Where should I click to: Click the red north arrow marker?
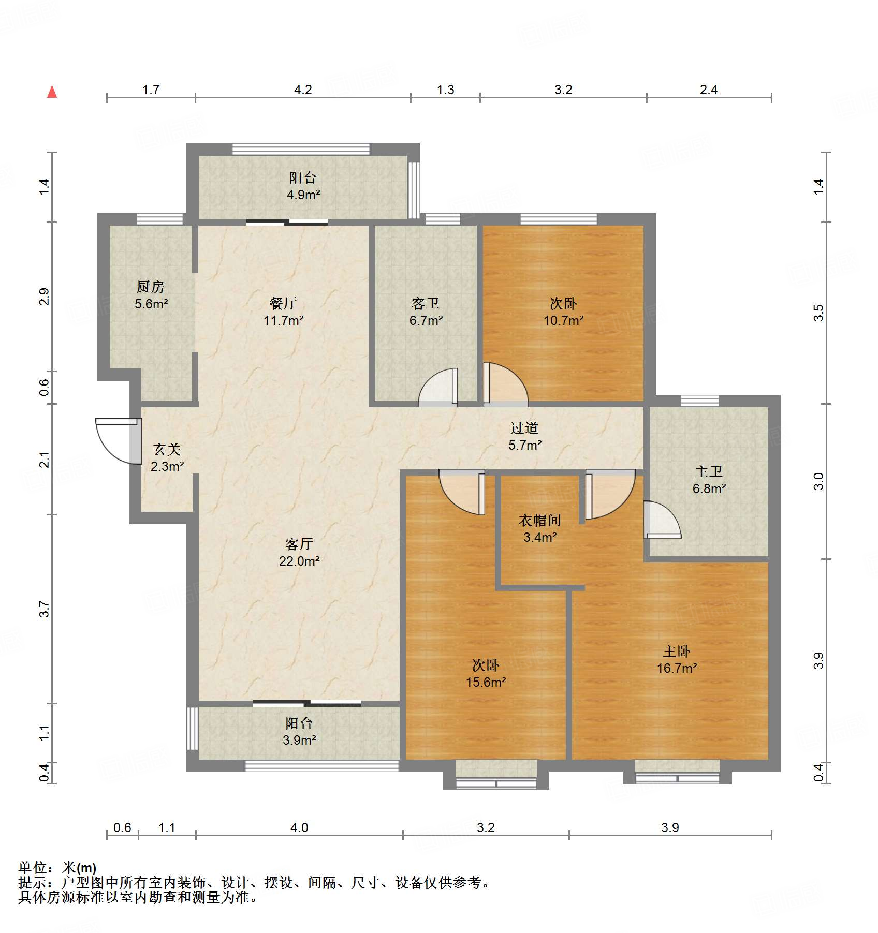(x=52, y=92)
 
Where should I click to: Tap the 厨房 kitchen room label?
(x=151, y=295)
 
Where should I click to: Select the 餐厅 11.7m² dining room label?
(x=283, y=312)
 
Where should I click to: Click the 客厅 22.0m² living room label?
(x=299, y=552)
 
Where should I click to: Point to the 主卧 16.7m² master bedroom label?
(x=677, y=659)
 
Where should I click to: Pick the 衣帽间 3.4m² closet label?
(x=540, y=528)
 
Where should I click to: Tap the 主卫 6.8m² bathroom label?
(x=709, y=480)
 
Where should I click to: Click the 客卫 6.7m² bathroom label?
(x=426, y=312)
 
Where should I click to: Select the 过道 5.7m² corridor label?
(x=524, y=436)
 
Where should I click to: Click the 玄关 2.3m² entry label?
(x=167, y=457)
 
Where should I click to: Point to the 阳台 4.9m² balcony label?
(x=303, y=186)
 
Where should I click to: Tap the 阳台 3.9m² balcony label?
(x=299, y=731)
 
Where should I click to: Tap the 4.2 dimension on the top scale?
(x=303, y=90)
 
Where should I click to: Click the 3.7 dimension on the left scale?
(x=45, y=609)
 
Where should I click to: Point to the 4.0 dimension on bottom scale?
(x=299, y=827)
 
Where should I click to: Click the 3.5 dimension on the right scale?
(x=818, y=313)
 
